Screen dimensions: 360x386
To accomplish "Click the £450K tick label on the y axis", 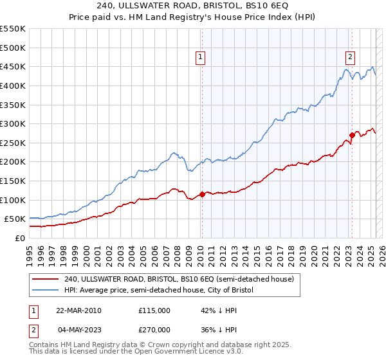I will pyautogui.click(x=13, y=66).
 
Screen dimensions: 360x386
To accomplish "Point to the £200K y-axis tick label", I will pyautogui.click(x=13, y=162).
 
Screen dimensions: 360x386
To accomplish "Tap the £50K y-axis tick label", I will pyautogui.click(x=15, y=219).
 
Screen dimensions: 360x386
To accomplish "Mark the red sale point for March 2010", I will pyautogui.click(x=202, y=194).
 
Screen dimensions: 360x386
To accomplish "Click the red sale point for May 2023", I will pyautogui.click(x=352, y=135).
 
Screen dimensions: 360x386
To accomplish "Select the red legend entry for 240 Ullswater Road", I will pyautogui.click(x=179, y=279).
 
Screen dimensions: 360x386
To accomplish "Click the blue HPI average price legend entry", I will pyautogui.click(x=159, y=291).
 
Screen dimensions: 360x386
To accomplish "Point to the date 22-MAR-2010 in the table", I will pyautogui.click(x=78, y=310).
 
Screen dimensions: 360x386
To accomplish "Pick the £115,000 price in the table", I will pyautogui.click(x=154, y=310).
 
